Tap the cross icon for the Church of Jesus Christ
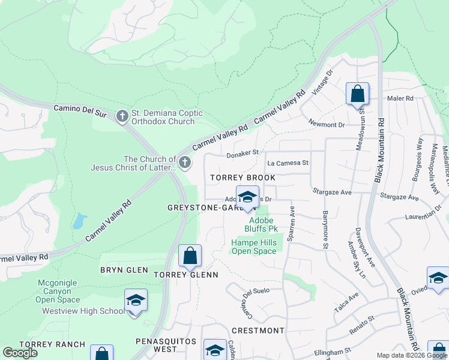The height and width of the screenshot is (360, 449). (185, 161)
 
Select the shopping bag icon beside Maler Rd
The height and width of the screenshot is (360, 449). (357, 94)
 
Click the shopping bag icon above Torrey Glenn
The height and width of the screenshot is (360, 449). (190, 256)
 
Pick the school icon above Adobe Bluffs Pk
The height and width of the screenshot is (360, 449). (247, 197)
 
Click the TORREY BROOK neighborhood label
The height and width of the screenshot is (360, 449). (243, 178)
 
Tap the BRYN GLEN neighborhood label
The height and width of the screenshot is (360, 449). (124, 270)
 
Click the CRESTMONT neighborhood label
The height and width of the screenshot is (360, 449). (258, 331)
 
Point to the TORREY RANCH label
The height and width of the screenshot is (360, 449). (46, 344)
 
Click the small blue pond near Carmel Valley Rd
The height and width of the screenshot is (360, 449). (78, 221)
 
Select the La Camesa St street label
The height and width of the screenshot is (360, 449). (288, 163)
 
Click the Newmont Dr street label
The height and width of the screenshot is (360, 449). (327, 124)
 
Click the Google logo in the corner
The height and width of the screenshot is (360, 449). (20, 353)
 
